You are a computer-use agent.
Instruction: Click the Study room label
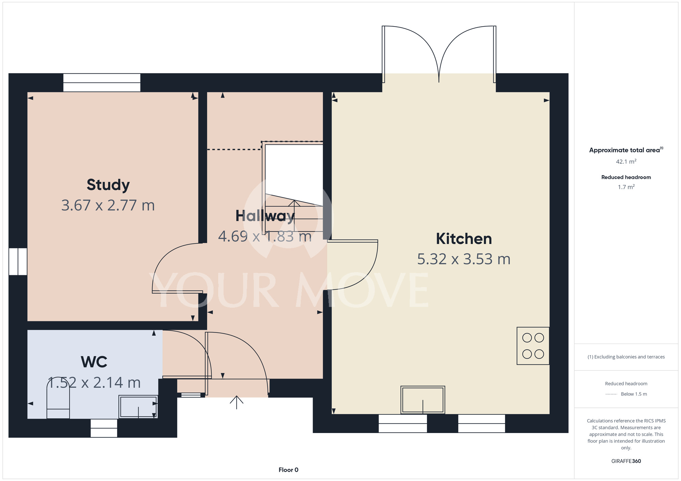coord(108,185)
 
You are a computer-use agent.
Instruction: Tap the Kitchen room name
coord(464,239)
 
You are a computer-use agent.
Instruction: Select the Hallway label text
coord(265,216)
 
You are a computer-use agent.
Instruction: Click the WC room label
coord(94,362)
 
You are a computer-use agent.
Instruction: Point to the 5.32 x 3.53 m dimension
coord(464,259)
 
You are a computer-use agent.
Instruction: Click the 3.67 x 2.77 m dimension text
coord(108,205)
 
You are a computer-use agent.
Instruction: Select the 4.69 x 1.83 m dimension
coord(265,236)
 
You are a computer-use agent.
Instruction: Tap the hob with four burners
coord(533,346)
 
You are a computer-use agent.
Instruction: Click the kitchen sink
coord(423,400)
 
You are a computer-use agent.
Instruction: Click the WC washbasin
coord(138,407)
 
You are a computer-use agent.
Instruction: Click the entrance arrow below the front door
coord(237,402)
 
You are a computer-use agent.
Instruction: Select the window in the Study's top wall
coord(102,83)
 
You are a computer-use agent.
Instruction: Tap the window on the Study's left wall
coord(18,262)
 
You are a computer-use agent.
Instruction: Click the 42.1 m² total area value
coord(626,162)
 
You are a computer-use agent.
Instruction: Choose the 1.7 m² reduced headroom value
coord(626,187)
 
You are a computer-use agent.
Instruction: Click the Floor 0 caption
coord(288,470)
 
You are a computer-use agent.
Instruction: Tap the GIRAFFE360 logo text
coord(626,461)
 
